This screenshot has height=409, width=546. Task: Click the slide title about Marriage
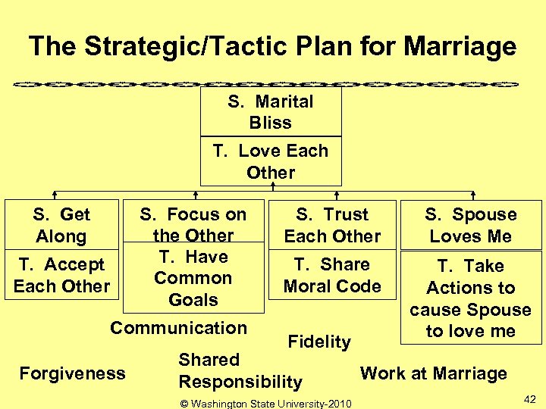coord(272,47)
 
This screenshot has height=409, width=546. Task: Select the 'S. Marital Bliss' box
coord(271,111)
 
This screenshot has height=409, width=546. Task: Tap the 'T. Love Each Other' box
coord(271,161)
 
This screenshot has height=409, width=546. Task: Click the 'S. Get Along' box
coord(61,225)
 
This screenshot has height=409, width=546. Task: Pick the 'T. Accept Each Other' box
coord(61,275)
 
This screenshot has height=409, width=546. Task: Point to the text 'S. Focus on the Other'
coord(193,225)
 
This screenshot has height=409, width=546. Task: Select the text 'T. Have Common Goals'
coord(193,279)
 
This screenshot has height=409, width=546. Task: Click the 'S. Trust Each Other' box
coord(332,225)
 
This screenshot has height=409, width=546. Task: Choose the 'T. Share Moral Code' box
coord(332,275)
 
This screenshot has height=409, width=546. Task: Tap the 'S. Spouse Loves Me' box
coord(471,225)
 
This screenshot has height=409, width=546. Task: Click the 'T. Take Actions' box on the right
coord(471,298)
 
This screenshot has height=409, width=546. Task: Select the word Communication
coord(178,328)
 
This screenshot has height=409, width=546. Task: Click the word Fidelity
coord(319,342)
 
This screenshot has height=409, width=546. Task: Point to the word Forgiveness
coord(72,373)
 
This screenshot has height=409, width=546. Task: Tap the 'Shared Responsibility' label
coord(240,370)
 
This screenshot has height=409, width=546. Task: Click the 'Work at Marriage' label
coord(433,373)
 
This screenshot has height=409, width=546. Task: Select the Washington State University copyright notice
coord(265,403)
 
